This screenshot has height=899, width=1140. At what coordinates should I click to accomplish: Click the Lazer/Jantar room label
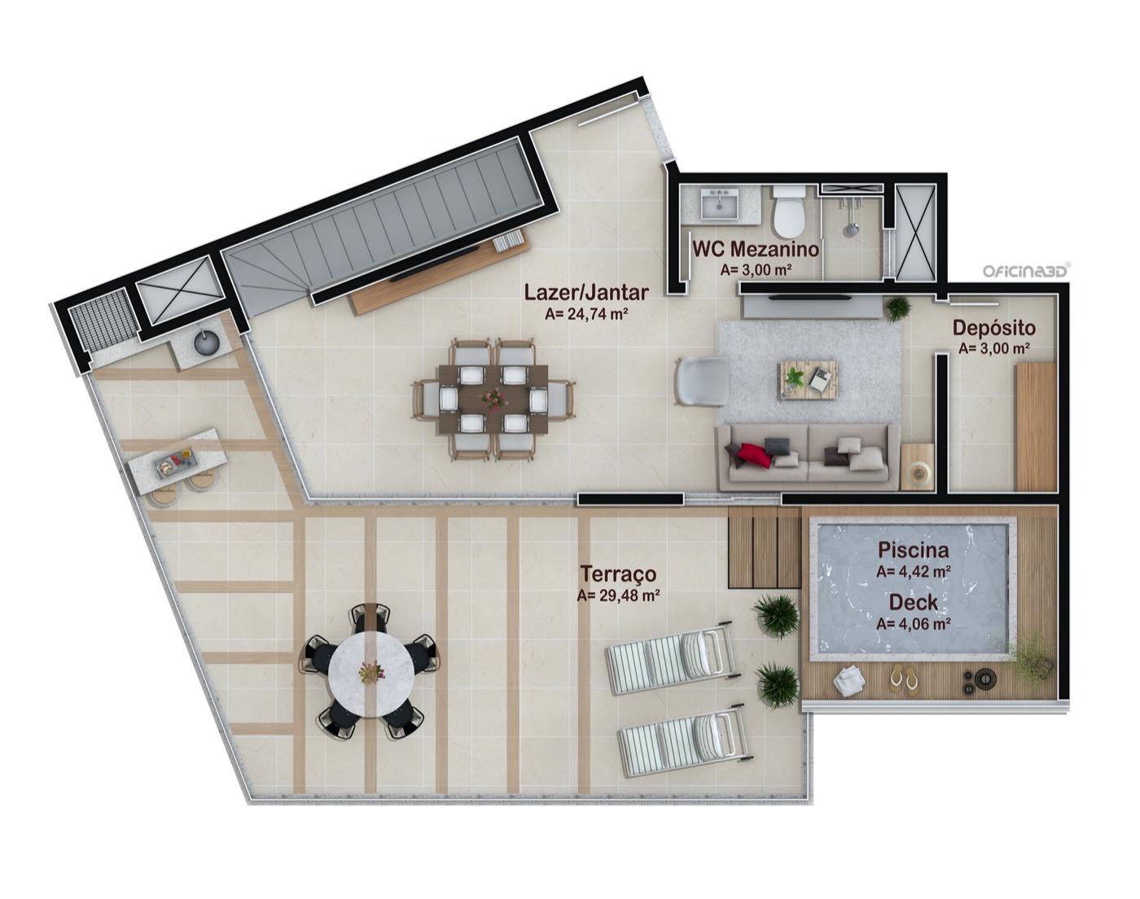click(586, 293)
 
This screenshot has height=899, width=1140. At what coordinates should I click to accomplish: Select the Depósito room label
click(993, 328)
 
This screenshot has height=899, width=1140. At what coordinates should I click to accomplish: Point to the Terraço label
click(618, 574)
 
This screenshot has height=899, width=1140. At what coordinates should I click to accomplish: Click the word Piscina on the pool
click(914, 550)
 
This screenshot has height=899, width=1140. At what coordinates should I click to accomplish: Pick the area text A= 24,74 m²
click(586, 315)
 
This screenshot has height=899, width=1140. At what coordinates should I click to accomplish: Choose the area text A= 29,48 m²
click(618, 596)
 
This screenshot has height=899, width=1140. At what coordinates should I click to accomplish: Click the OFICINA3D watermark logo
click(1025, 271)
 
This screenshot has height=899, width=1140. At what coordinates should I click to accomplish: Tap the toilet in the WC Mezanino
click(788, 213)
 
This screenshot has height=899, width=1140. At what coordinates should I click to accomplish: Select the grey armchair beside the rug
click(700, 382)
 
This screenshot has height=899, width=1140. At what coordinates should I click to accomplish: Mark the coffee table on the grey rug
click(807, 377)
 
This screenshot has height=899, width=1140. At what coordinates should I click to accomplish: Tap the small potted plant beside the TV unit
click(897, 309)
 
